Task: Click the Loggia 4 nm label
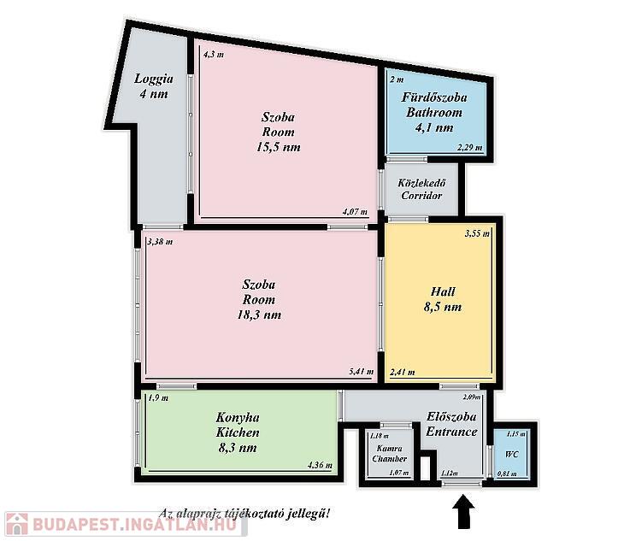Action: click(x=154, y=86)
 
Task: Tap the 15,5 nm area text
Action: click(x=279, y=147)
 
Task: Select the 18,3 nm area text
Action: click(x=259, y=315)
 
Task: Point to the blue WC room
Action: click(x=511, y=454)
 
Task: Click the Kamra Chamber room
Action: click(x=389, y=454)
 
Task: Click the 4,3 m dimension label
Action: click(x=214, y=55)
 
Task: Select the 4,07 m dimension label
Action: click(x=355, y=212)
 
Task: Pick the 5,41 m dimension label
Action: click(x=362, y=372)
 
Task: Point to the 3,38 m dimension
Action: click(x=160, y=242)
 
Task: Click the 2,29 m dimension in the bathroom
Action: click(x=469, y=147)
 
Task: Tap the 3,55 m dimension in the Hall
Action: click(x=477, y=233)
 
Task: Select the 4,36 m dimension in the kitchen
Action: click(x=320, y=465)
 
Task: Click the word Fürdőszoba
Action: click(x=434, y=97)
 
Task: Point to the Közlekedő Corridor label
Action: click(x=421, y=190)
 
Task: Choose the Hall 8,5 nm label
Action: click(x=443, y=299)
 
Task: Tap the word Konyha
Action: click(x=238, y=418)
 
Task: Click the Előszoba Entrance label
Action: click(x=451, y=424)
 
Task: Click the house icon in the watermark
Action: click(x=17, y=524)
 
